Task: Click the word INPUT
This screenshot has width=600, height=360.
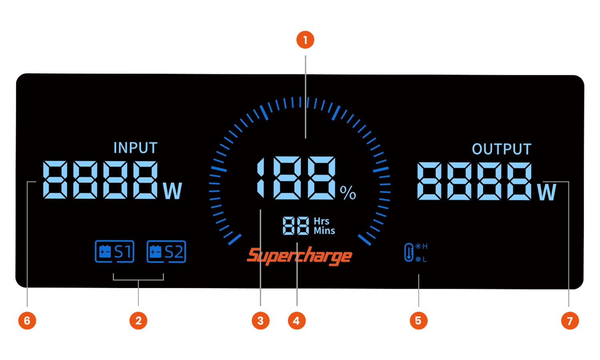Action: coord(135,148)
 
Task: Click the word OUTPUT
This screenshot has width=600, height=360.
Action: coord(502,149)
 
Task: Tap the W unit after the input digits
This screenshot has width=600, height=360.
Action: coord(172,191)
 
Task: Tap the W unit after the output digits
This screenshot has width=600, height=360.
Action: coord(547,192)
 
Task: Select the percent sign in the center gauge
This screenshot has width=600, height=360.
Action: coord(348,193)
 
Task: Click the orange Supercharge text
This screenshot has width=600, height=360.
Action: coord(299,256)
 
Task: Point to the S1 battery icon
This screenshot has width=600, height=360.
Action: coord(114,252)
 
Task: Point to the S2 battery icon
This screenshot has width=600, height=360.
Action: coord(166,252)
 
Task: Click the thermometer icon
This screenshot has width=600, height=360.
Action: coord(408,252)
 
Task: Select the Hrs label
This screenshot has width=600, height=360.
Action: coord(322,221)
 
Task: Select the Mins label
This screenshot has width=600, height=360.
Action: coord(324,231)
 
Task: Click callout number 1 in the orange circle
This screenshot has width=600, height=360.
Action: coord(305,40)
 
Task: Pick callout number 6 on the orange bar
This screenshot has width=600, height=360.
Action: coord(27,321)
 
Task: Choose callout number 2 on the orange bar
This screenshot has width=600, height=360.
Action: coord(138,321)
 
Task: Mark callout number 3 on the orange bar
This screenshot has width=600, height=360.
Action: coord(260,321)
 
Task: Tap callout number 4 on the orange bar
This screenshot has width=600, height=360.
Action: coord(296,321)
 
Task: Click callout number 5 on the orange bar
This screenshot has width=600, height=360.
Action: coord(418,321)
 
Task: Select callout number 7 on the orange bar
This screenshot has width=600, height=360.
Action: coord(570,321)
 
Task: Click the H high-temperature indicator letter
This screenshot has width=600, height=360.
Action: coord(425,246)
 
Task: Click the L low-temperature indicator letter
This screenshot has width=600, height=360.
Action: coord(424,259)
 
